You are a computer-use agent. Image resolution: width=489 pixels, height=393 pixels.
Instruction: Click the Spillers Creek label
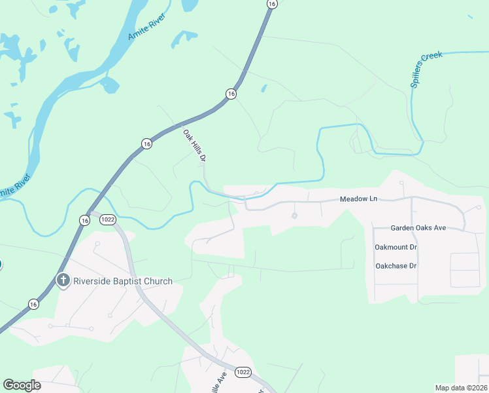427,69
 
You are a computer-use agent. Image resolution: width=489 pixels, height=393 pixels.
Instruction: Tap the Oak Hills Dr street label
195,145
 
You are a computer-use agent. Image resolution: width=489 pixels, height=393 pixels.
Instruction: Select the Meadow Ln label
359,199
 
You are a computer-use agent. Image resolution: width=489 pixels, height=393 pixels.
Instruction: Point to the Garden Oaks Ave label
418,228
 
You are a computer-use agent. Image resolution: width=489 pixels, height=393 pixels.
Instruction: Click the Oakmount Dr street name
396,247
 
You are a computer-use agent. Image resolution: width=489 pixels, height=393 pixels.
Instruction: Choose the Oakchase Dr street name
396,266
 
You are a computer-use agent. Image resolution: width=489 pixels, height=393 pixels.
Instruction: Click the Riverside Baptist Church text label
123,282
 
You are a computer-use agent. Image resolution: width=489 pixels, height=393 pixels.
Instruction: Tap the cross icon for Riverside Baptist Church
63,282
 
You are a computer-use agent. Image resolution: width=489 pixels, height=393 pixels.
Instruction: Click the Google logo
22,385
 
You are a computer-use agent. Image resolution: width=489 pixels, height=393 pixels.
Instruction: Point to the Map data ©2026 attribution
461,387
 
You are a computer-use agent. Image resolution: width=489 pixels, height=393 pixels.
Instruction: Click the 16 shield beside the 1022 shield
85,221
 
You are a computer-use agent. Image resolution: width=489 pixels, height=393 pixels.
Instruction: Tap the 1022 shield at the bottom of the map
243,372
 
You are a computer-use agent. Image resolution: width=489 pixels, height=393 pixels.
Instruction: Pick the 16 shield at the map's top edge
271,4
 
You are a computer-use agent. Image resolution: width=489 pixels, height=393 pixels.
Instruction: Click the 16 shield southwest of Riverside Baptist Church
33,304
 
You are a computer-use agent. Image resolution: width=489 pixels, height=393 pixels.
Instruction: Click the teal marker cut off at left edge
1,265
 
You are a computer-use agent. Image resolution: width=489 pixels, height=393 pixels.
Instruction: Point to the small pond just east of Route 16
263,88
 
